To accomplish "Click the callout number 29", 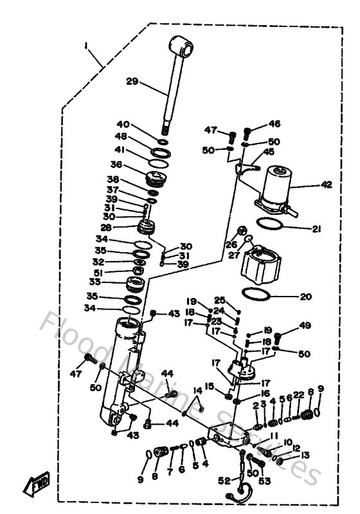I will coord(132,82).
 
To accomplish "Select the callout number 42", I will coord(327,185).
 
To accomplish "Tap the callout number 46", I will coord(274,124).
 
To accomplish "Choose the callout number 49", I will coord(304,325).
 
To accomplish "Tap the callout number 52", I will coord(223,481).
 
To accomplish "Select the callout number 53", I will coord(264,481).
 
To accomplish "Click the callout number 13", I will coord(305,455).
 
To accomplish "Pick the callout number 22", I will coord(298,394).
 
